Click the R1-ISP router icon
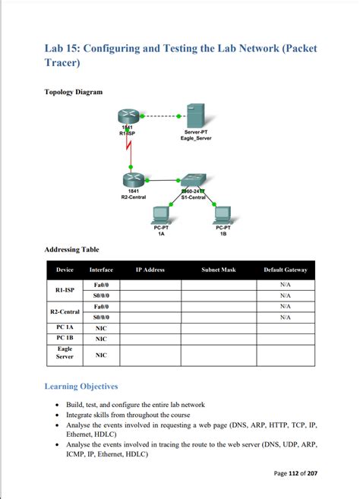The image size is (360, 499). (x=128, y=116)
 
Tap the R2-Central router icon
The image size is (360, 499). (x=132, y=179)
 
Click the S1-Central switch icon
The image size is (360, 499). (x=192, y=180)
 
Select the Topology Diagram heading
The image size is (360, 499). (x=73, y=92)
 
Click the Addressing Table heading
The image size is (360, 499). (x=71, y=250)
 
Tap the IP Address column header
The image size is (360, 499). (x=150, y=270)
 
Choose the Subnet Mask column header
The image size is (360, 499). (x=219, y=270)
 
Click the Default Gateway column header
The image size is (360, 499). (x=285, y=270)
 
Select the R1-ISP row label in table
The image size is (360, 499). (x=65, y=290)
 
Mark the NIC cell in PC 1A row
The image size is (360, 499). (x=101, y=328)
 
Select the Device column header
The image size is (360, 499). (x=65, y=270)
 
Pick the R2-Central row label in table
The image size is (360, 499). (x=65, y=311)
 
